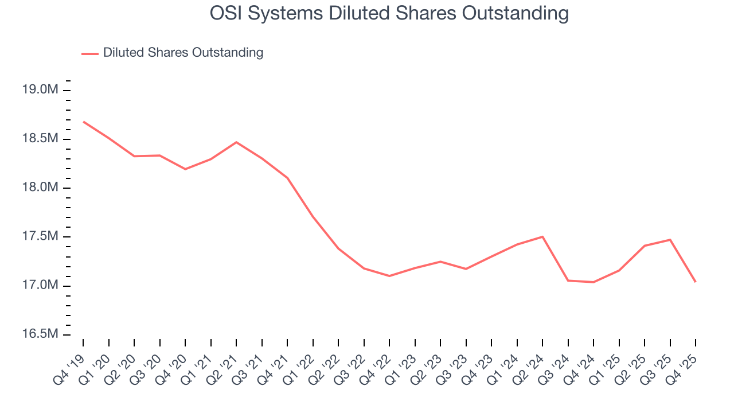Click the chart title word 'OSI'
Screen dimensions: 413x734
click(x=227, y=13)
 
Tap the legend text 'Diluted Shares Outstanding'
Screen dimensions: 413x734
click(x=183, y=53)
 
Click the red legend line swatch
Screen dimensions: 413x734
click(x=90, y=53)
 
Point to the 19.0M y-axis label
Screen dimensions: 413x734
click(x=40, y=90)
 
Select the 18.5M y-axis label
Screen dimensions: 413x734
click(x=40, y=139)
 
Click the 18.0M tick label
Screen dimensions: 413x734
click(x=40, y=188)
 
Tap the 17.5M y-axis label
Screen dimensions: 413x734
click(x=40, y=237)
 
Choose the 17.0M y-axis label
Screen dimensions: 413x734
click(x=40, y=286)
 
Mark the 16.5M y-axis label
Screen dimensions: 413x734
click(x=40, y=334)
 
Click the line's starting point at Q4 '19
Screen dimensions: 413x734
click(x=83, y=122)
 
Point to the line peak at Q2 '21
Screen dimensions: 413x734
click(x=236, y=142)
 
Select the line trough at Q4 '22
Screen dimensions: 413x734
click(x=389, y=276)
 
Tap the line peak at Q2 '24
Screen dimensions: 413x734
click(x=542, y=237)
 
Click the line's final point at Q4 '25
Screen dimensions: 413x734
click(x=696, y=282)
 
